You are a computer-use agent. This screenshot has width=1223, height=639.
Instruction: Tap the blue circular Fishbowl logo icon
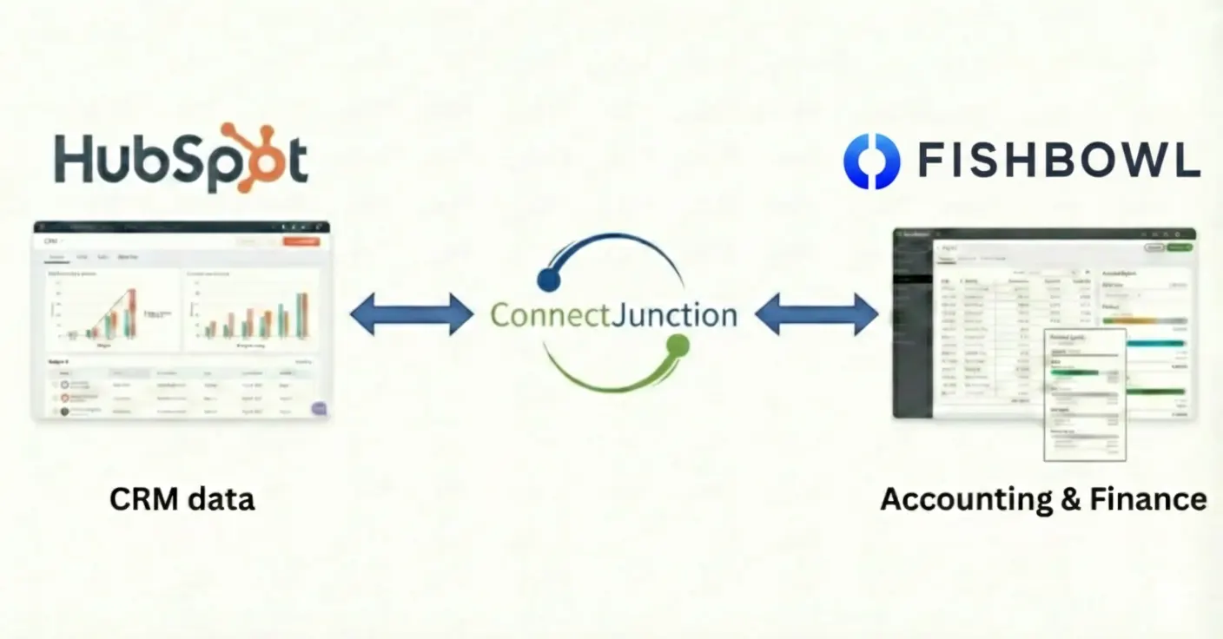point(871,161)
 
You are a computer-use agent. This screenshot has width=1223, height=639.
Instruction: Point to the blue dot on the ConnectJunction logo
point(549,278)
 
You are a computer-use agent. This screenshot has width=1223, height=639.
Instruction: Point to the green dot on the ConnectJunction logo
point(678,346)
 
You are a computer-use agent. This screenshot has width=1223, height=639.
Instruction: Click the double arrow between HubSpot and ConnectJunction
point(412,313)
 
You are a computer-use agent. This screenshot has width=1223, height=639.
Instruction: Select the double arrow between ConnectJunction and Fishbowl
point(816,313)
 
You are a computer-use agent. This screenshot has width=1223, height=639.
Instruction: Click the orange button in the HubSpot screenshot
point(301,240)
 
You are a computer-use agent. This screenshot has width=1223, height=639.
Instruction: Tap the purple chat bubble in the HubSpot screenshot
point(319,408)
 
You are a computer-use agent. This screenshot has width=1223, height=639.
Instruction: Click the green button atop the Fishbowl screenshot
point(1180,247)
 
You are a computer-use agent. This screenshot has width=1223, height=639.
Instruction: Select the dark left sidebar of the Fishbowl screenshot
point(912,330)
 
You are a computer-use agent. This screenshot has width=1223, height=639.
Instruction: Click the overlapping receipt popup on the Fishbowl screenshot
point(1084,395)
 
